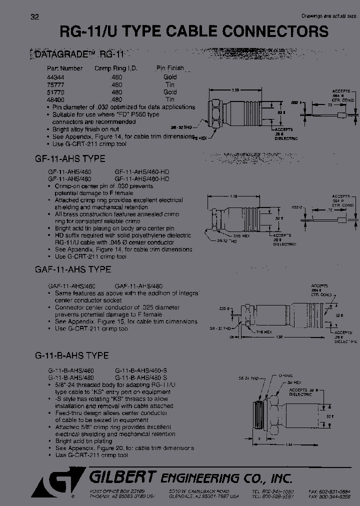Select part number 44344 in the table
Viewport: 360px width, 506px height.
[x=56, y=77]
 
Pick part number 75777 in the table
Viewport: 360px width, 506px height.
[x=56, y=85]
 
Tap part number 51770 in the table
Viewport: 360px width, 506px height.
[x=56, y=92]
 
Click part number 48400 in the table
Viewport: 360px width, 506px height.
[x=56, y=100]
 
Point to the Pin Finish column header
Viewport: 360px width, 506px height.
[x=170, y=68]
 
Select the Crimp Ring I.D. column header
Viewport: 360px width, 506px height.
[x=115, y=68]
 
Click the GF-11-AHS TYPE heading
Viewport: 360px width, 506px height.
[x=70, y=159]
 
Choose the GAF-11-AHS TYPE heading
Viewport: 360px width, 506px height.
[x=73, y=269]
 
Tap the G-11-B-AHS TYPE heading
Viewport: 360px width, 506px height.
[x=72, y=356]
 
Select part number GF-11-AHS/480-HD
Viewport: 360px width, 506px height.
[x=142, y=178]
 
